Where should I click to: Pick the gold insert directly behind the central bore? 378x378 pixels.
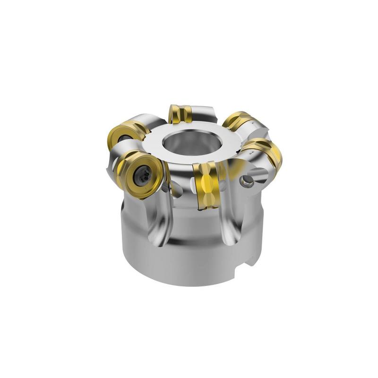pos(180,113)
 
